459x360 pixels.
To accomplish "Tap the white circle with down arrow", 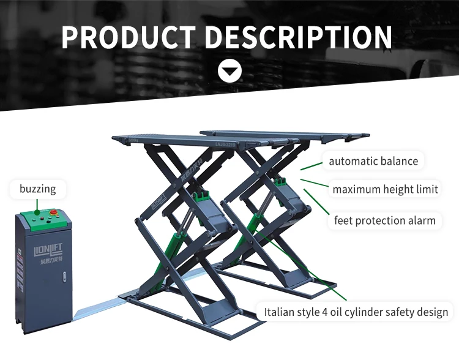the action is tap(230, 73).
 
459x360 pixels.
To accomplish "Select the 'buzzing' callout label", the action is tap(37, 189).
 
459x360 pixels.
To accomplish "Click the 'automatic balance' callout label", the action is tap(373, 162).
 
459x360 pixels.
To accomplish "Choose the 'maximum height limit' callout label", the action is tap(385, 189).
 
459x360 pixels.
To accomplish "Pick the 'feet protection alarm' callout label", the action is tap(385, 219).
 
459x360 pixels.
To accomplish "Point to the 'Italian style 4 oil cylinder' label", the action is tap(356, 312).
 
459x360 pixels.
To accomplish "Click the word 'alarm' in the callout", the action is tap(422, 219).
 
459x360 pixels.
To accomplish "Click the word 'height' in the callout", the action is tap(401, 189).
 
